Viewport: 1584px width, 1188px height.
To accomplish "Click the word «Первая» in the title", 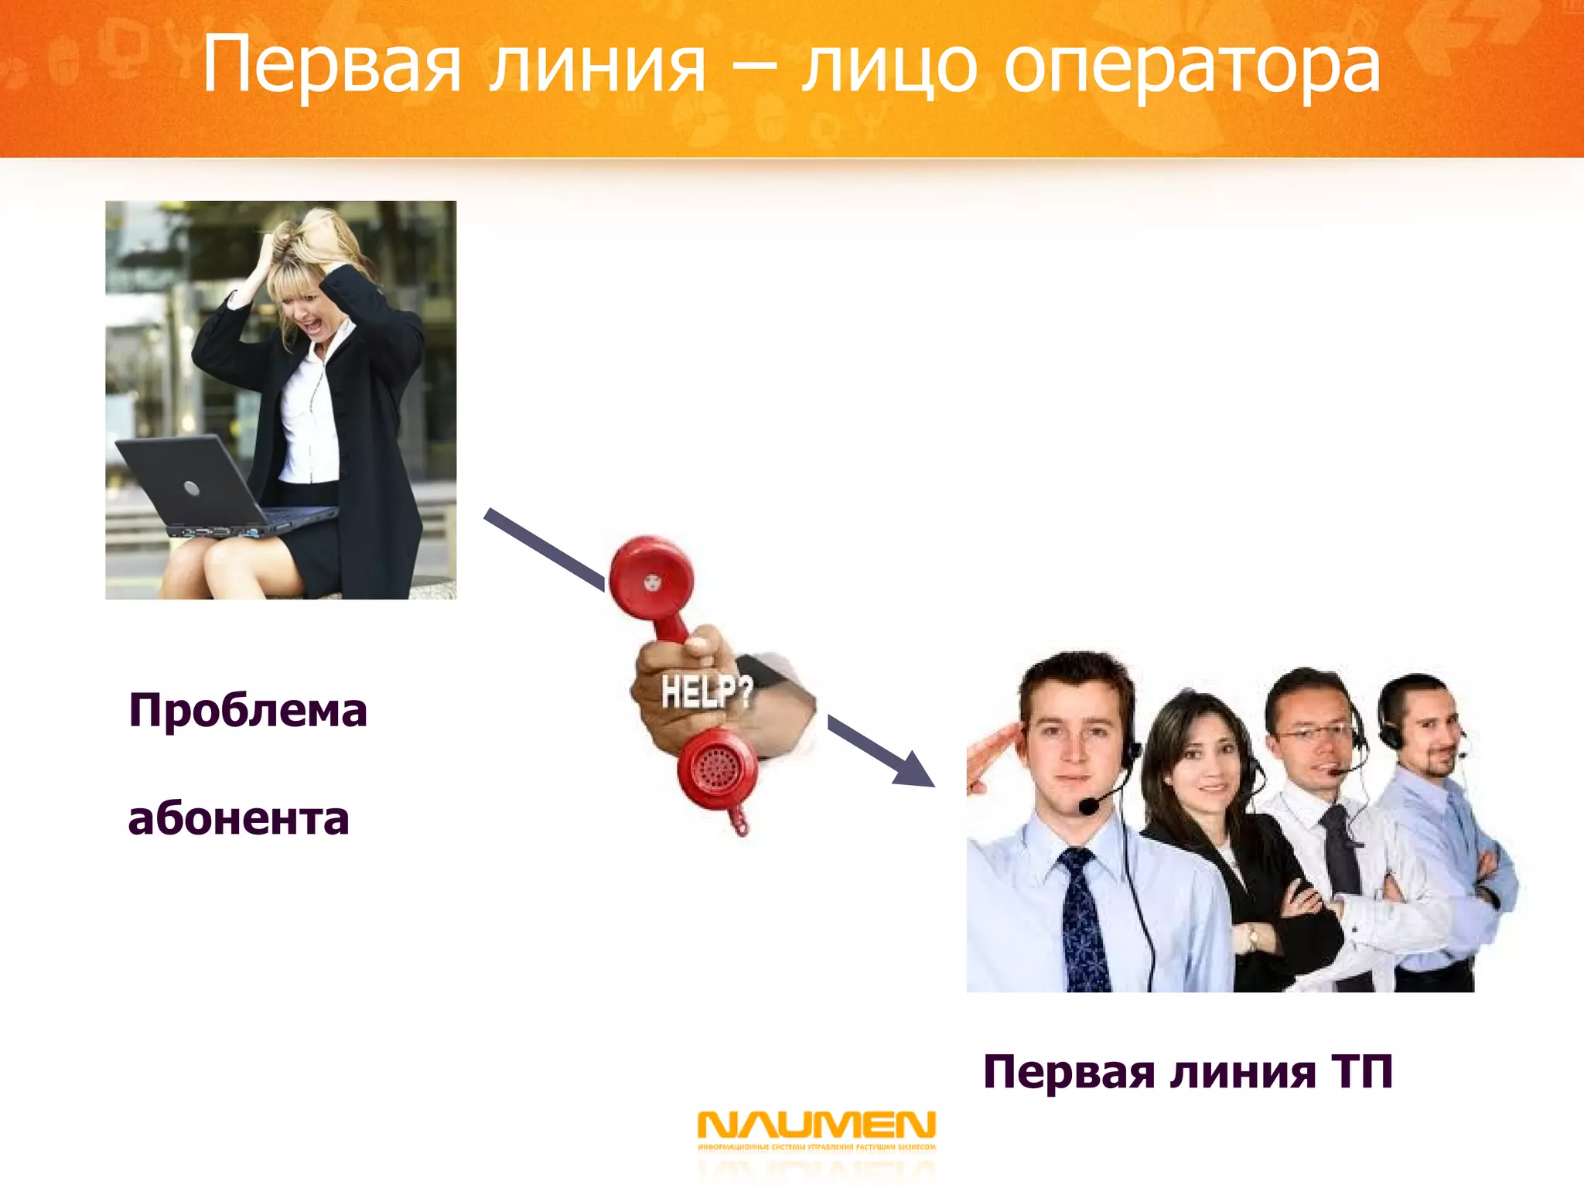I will click(333, 66).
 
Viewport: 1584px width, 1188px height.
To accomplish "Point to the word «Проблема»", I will click(247, 710).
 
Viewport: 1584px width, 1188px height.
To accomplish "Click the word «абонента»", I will click(238, 818).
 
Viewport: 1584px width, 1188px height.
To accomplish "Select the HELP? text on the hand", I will click(705, 690).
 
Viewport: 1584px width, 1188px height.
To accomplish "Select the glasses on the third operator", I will click(1315, 732).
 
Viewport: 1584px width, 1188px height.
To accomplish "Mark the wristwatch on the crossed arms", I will click(1252, 937).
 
